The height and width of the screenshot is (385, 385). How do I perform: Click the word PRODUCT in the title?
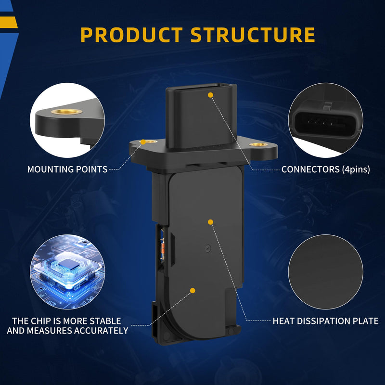coord(131,35)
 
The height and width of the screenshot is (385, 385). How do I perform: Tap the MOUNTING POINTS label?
coord(67,169)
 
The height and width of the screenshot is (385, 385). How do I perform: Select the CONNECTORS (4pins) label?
coord(326,169)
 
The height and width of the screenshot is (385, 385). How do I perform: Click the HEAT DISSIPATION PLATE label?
coord(326,321)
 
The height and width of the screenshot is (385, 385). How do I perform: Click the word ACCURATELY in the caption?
coord(101,331)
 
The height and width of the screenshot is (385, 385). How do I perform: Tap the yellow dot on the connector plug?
coord(210,95)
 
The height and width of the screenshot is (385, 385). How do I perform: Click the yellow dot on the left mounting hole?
coord(143,141)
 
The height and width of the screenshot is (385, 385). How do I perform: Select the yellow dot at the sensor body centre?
coord(210,222)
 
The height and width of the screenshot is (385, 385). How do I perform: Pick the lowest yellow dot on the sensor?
coord(193,291)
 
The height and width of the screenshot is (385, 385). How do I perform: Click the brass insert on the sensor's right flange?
coord(258,144)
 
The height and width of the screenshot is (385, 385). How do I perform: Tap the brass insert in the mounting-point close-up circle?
coord(66,112)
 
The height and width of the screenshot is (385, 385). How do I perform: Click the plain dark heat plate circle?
coord(326,272)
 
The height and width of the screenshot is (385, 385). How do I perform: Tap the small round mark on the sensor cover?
coord(208,249)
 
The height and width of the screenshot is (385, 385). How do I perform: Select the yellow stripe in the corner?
coord(9,22)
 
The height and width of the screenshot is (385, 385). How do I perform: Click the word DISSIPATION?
coord(318,321)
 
